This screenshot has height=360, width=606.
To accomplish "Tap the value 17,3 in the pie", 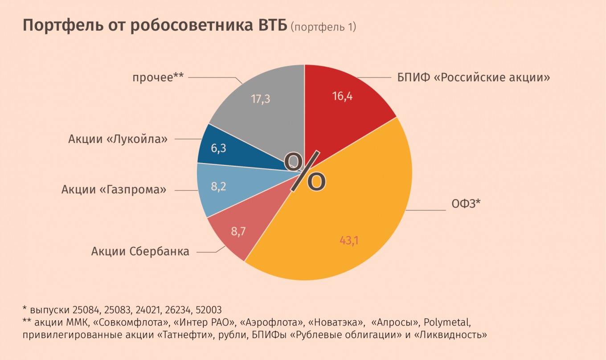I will (261, 99).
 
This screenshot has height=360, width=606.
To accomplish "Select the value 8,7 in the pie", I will (238, 231).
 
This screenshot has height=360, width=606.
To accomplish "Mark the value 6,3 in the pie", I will (218, 148).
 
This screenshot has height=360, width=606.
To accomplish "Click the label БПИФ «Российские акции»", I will (474, 78).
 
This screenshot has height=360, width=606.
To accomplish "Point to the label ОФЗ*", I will (466, 204).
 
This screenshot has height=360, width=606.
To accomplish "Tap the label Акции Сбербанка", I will (140, 251).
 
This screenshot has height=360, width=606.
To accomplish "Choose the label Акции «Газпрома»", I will (114, 190).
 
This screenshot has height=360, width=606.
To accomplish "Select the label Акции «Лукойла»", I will (118, 139).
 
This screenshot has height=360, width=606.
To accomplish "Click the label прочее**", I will (158, 78).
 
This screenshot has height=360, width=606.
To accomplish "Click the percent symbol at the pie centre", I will (305, 171).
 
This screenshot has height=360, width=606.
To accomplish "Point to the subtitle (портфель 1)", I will (323, 27).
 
